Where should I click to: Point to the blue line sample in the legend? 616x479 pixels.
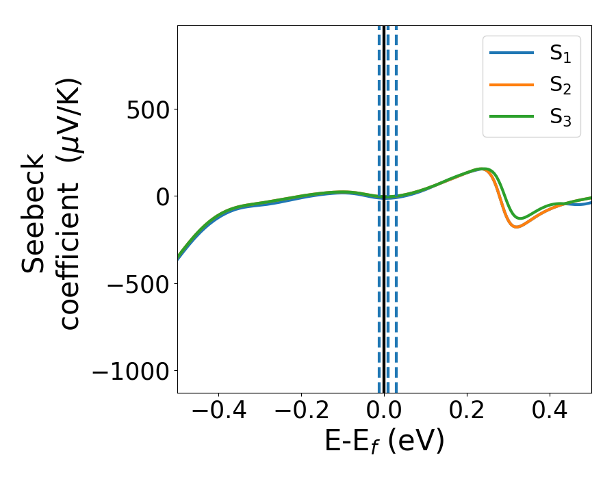[511, 53]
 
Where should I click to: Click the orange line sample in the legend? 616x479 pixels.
[511, 85]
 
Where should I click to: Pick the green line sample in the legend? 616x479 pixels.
[511, 116]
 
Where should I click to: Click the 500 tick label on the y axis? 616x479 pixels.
[148, 109]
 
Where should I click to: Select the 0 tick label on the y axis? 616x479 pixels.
[162, 196]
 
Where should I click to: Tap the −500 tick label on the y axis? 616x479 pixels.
[136, 283]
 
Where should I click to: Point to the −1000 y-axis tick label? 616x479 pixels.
[129, 371]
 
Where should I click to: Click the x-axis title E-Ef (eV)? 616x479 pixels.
[384, 441]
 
